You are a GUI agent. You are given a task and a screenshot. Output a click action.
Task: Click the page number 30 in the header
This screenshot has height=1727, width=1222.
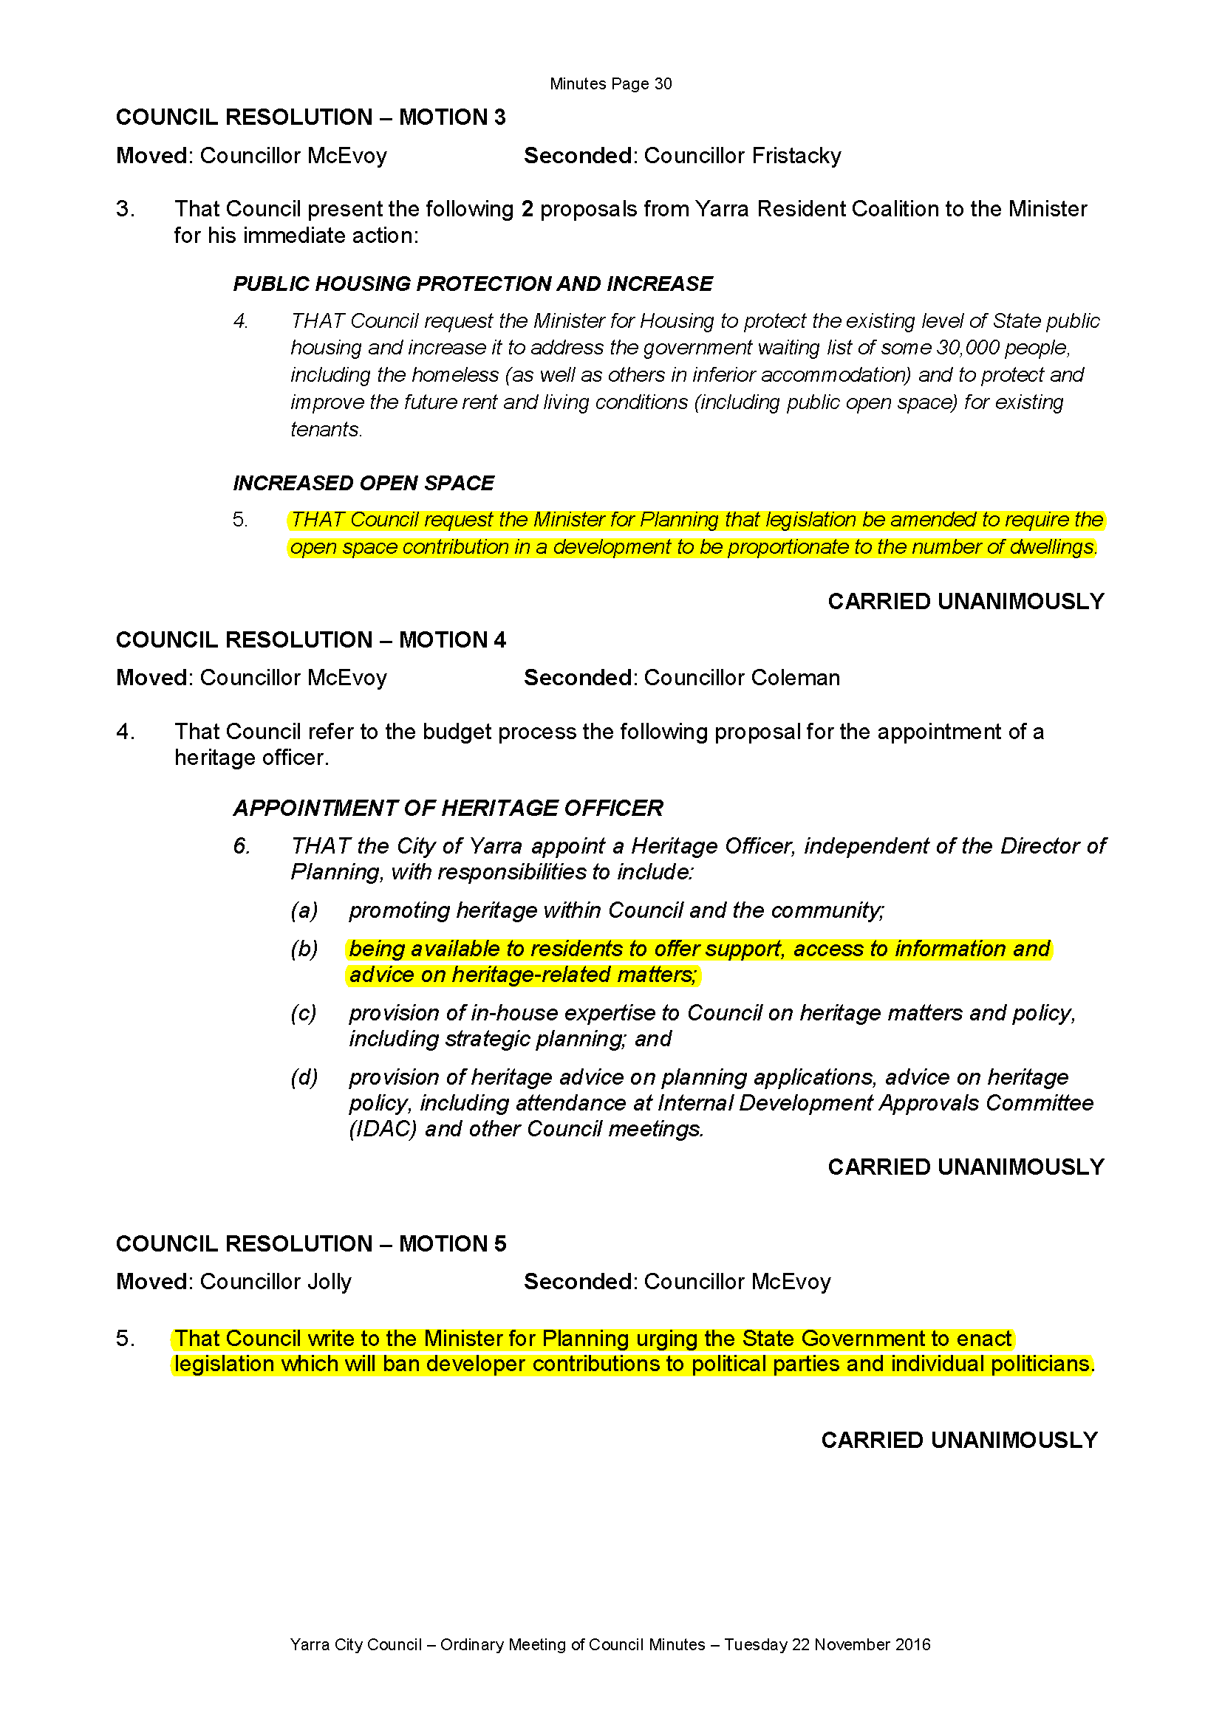pos(662,83)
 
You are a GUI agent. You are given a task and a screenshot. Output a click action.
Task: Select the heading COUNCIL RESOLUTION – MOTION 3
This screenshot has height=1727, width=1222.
pos(310,117)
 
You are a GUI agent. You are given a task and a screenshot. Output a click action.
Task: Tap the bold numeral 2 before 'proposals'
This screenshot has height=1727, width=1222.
pos(527,209)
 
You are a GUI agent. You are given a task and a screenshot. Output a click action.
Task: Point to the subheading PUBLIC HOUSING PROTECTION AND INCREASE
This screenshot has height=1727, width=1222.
pos(472,284)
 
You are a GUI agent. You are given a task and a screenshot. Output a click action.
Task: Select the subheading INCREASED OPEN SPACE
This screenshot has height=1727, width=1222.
pos(363,483)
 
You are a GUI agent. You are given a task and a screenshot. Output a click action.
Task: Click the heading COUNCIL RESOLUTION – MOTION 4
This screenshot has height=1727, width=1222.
pos(310,640)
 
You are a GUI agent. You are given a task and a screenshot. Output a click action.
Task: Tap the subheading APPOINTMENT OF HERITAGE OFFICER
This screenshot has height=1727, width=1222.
pos(448,808)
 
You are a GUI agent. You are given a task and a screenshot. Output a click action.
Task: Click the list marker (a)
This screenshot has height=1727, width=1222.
pos(304,910)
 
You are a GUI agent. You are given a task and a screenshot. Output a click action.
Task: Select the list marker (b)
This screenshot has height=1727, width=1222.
pos(304,950)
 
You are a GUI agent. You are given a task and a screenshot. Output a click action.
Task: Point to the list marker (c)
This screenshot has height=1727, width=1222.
pos(304,1013)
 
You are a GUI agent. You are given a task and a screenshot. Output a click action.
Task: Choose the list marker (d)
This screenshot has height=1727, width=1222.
pos(304,1077)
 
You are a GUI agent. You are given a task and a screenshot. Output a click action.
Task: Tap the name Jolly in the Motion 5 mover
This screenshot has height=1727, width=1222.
pos(329,1281)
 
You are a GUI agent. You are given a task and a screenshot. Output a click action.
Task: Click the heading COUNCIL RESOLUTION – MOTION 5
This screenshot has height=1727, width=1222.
pos(310,1243)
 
